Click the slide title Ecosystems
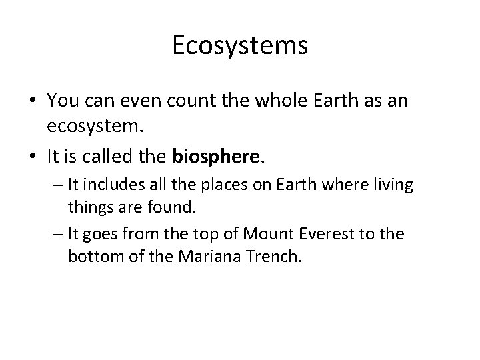(240, 45)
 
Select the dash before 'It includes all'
(57, 185)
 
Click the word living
(394, 185)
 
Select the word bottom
(93, 257)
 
